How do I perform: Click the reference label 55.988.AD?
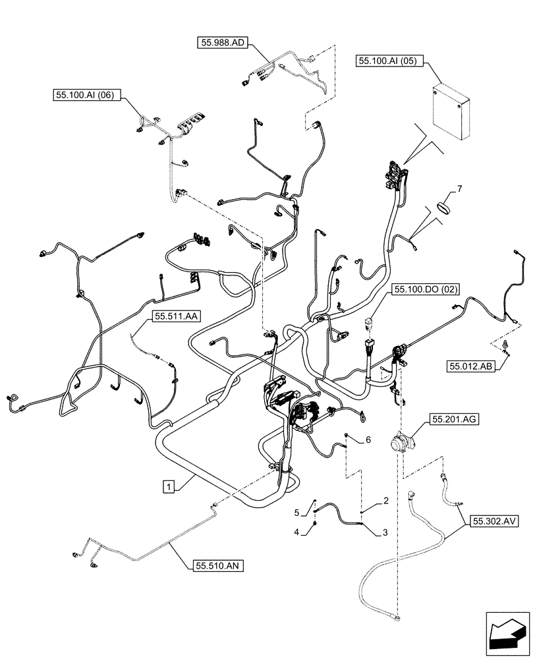[221, 43]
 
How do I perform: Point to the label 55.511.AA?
[177, 316]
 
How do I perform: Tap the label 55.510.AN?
[219, 565]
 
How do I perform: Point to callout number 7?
[459, 189]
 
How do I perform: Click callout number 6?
[368, 439]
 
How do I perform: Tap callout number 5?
[298, 512]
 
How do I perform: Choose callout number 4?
[297, 531]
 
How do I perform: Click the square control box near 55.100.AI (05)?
[451, 111]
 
